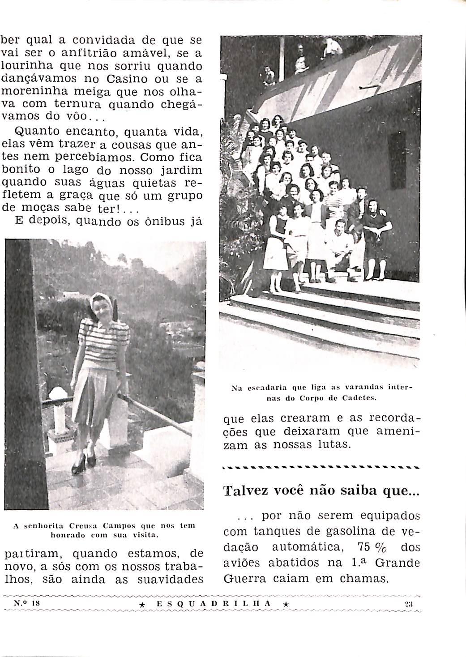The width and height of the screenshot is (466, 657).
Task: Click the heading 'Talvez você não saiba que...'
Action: pos(321,491)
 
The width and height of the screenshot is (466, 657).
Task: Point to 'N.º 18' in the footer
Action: pos(27,603)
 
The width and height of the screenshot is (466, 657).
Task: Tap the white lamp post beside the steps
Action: pos(58,412)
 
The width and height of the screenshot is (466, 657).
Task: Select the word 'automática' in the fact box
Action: pos(307,547)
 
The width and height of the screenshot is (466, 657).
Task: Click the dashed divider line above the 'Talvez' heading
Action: pos(321,468)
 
